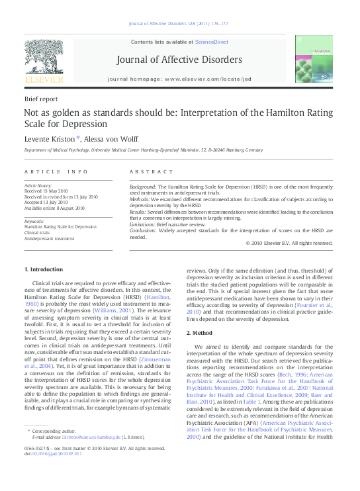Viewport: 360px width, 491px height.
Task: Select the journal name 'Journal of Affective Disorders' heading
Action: pos(179,60)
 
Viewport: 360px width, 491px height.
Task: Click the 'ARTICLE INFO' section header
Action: pos(56,171)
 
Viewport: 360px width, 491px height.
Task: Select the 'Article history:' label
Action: pos(38,187)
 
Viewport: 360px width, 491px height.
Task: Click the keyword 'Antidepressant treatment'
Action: pos(49,238)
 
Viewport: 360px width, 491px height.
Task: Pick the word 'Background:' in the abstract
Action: pos(143,187)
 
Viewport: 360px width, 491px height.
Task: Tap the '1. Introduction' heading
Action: pos(44,269)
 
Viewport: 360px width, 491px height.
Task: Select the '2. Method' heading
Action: pos(200,332)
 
